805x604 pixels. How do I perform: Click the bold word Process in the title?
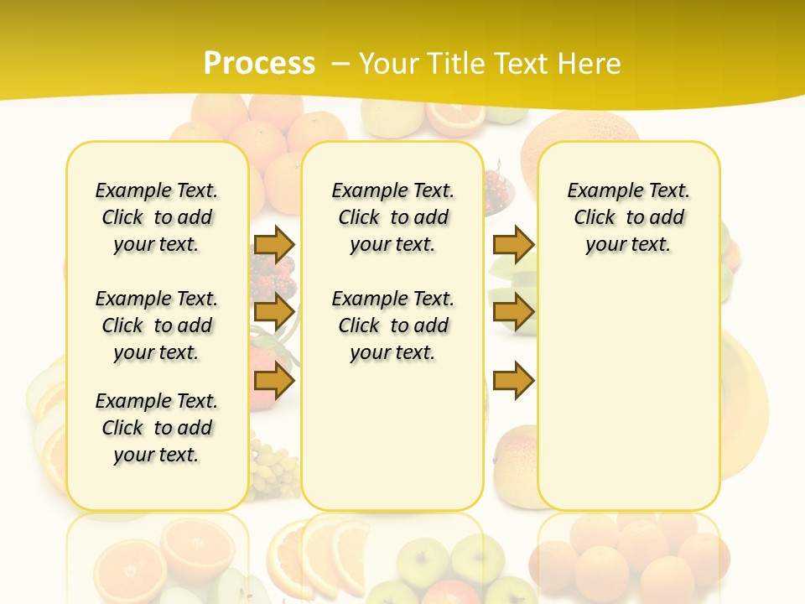point(259,64)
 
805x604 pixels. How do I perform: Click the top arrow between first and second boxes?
point(274,244)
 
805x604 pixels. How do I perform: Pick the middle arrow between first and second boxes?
point(274,312)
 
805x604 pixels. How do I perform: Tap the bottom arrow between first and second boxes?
point(274,381)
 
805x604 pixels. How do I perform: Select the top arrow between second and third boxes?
point(513,244)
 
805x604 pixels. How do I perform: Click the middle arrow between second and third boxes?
point(513,312)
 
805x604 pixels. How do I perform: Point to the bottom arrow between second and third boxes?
point(513,381)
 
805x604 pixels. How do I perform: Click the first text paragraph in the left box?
point(157,217)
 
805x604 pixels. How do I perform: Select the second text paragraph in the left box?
point(157,325)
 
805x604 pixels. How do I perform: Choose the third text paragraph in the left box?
point(157,428)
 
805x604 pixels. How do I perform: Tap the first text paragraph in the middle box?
point(392,217)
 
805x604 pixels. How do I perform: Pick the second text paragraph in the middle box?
point(392,325)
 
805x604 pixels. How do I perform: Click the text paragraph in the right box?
point(628,217)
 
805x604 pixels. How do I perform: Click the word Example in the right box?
point(600,190)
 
